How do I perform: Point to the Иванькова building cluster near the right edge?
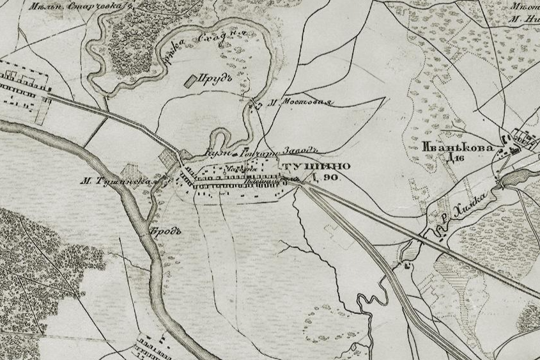click(x=521, y=141)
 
